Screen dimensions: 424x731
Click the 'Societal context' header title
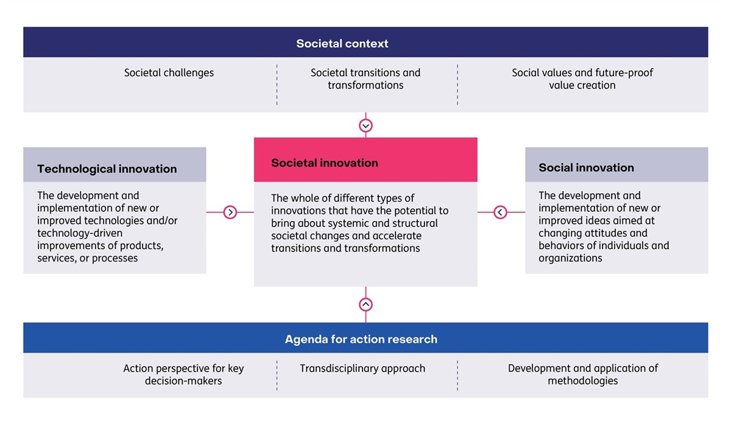(x=342, y=43)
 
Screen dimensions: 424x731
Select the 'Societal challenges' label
(x=169, y=72)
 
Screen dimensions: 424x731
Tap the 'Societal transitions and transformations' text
(x=365, y=79)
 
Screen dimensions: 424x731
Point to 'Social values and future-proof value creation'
(x=582, y=79)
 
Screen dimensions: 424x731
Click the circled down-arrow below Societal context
(x=365, y=125)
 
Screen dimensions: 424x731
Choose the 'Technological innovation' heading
(x=107, y=169)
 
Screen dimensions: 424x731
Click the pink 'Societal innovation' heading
(x=324, y=163)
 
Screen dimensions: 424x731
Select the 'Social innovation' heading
(x=586, y=168)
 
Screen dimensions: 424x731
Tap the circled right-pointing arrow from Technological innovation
(x=230, y=212)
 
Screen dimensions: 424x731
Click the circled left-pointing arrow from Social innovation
(x=500, y=212)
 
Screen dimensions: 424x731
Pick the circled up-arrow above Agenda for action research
(x=365, y=304)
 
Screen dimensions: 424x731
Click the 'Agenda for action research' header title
(x=361, y=339)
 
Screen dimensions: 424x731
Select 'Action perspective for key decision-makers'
(x=183, y=375)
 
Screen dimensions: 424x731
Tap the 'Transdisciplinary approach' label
(x=362, y=369)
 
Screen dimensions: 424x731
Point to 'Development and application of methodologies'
(x=582, y=375)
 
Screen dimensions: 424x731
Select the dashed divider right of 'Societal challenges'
(x=277, y=85)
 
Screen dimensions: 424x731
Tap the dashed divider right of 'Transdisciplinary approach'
(x=457, y=375)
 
